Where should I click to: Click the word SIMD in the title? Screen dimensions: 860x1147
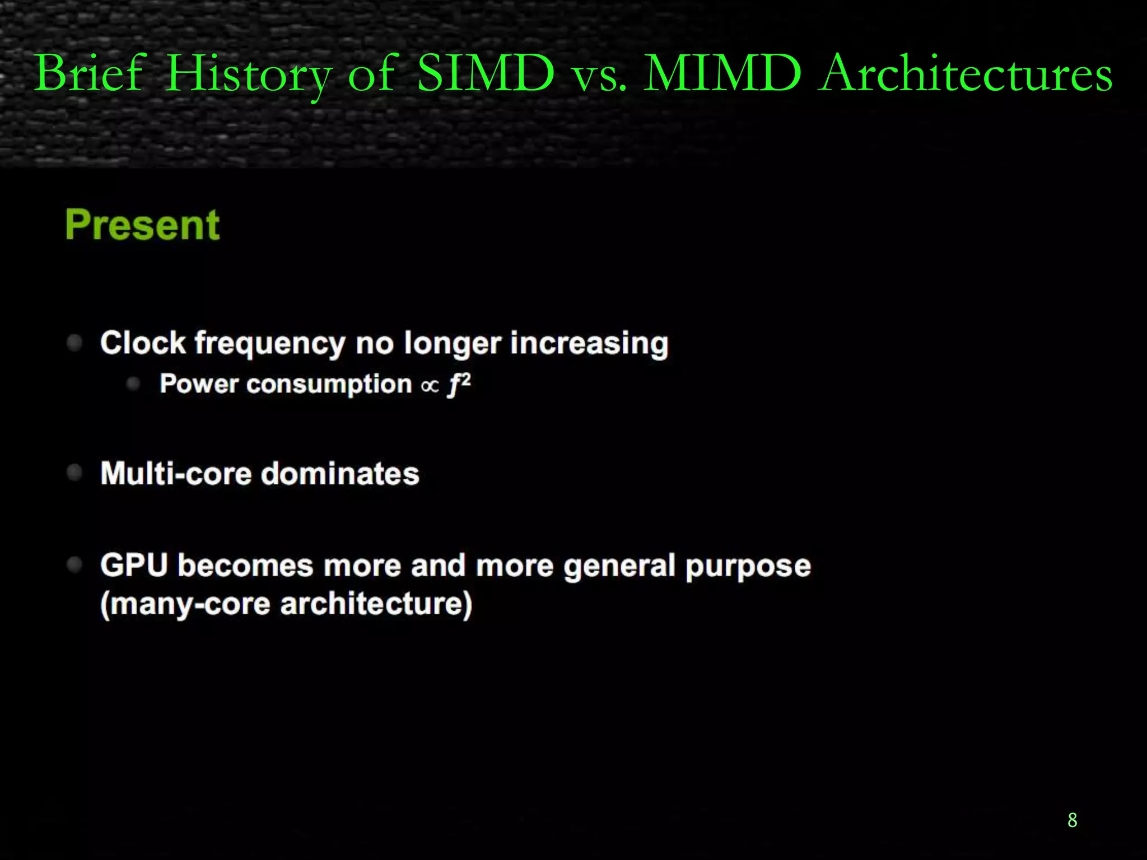pos(486,73)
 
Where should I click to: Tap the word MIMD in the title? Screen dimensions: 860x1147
pos(722,73)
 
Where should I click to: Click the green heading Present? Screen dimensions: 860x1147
pos(143,225)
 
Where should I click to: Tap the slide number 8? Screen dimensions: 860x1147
pos(1072,820)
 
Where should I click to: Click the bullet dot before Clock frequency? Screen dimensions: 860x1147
pos(74,342)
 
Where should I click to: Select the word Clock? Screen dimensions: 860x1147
pos(143,342)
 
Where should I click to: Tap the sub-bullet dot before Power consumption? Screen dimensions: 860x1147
pos(133,384)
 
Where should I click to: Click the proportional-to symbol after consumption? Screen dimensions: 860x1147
pos(430,386)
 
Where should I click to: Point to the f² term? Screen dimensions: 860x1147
pos(459,385)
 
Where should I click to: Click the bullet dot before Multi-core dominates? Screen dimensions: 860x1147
pos(74,473)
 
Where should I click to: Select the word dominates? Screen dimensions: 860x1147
pos(340,474)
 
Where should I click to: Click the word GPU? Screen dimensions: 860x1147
pos(134,565)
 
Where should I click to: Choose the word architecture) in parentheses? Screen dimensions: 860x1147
pos(376,605)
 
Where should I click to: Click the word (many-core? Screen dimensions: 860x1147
pos(185,605)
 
